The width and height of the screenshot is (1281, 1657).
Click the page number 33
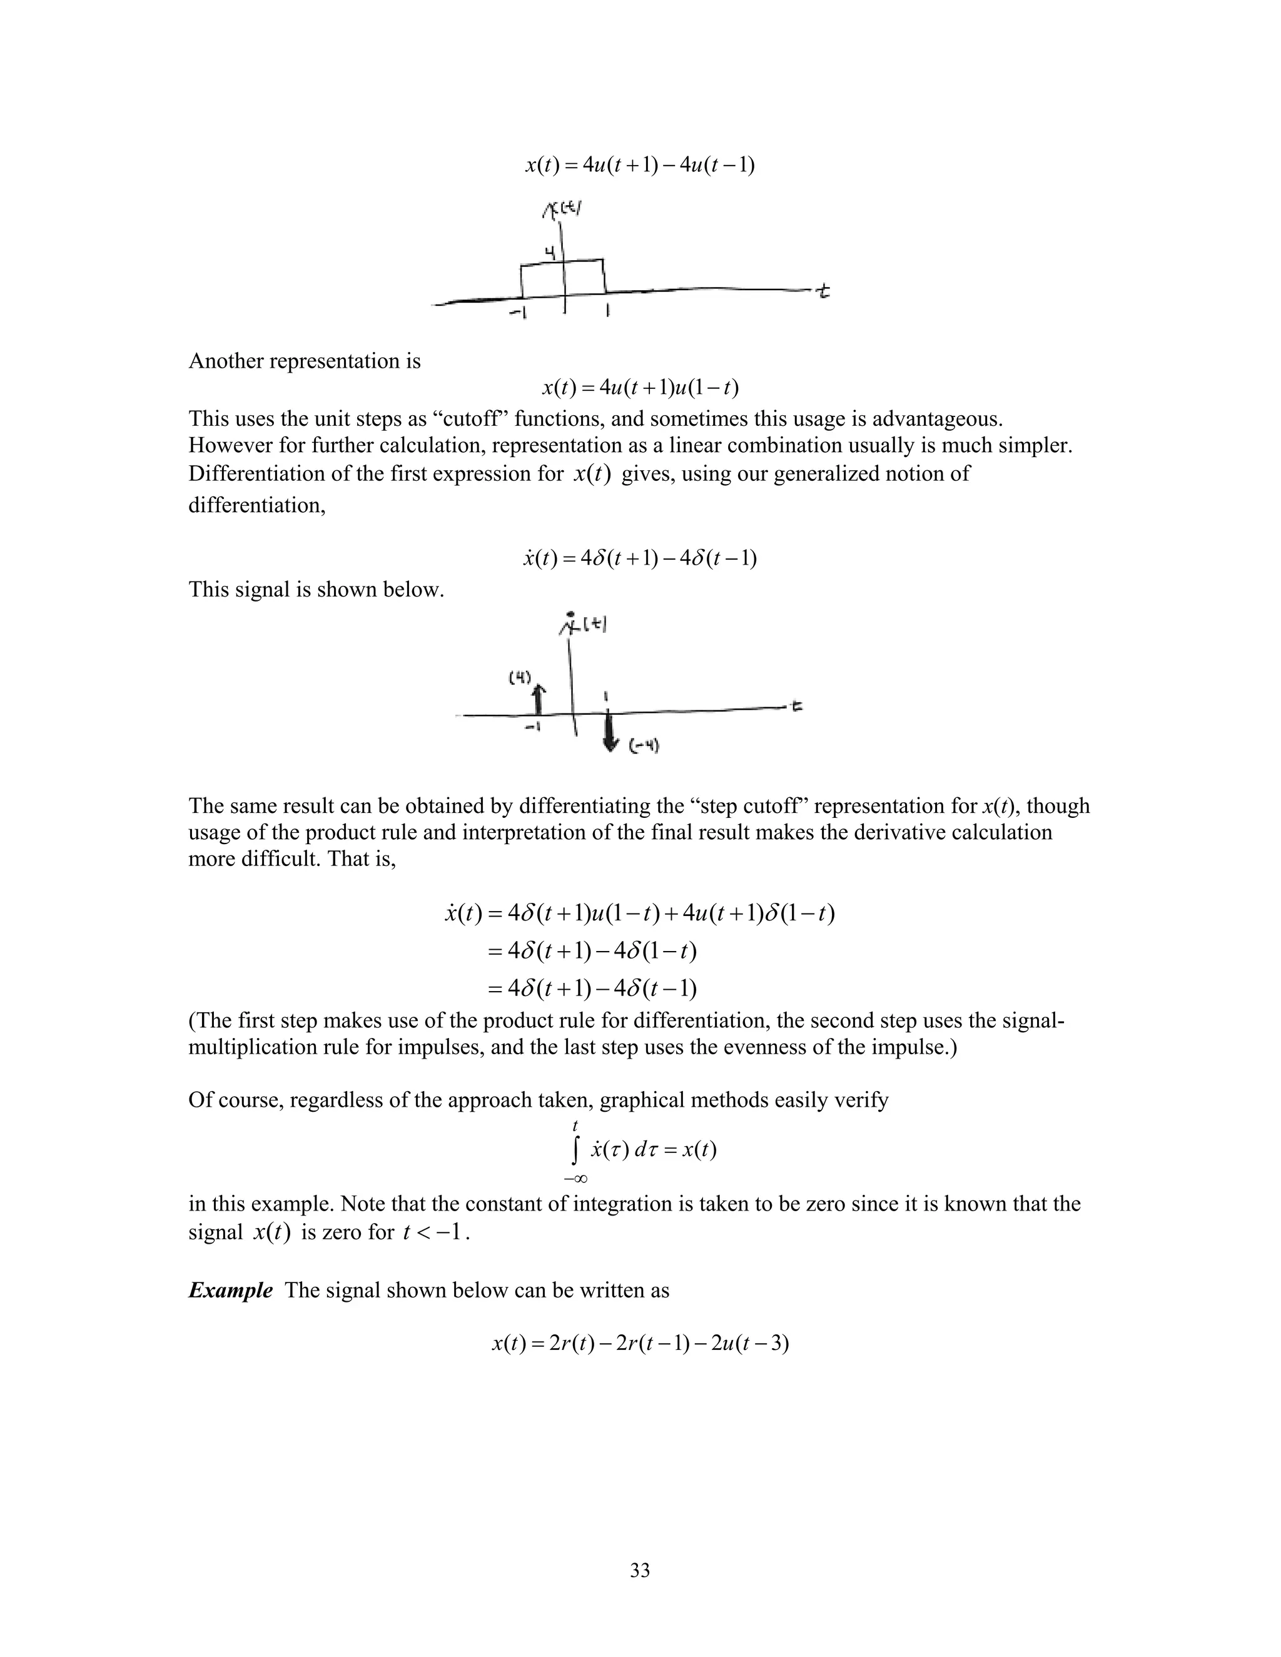[x=640, y=1569]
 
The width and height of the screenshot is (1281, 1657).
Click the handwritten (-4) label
[x=645, y=747]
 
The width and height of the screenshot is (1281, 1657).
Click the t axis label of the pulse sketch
[x=823, y=290]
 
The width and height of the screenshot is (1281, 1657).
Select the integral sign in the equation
[x=576, y=1150]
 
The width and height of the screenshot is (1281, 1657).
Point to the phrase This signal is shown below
[x=316, y=589]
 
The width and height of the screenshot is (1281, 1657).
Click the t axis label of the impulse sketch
[x=797, y=707]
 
